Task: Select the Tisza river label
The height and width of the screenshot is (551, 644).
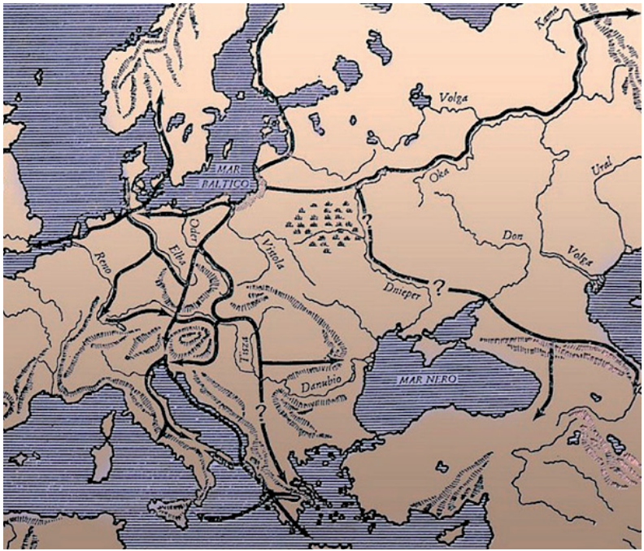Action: point(241,349)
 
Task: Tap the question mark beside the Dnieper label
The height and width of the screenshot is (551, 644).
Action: point(438,286)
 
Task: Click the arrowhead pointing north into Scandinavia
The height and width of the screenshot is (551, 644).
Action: point(160,98)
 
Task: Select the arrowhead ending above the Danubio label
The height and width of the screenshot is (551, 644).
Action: point(332,359)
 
